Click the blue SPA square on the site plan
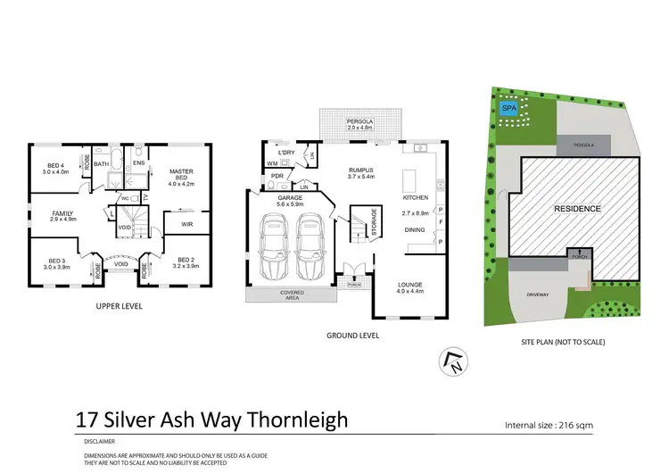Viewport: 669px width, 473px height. (x=508, y=108)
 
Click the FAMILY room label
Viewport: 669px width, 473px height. (x=62, y=214)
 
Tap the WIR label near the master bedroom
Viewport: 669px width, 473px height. (x=187, y=224)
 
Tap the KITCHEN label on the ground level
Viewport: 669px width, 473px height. (x=416, y=197)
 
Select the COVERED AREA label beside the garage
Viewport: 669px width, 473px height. (x=292, y=295)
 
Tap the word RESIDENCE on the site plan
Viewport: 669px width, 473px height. (x=577, y=209)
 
